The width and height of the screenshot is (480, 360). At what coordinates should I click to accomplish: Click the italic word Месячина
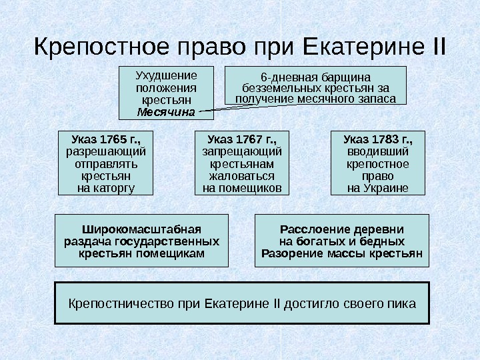pos(166,111)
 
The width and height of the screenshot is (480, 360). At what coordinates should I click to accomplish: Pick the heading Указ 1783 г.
pos(377,140)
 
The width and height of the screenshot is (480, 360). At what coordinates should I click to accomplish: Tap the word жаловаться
pos(241,176)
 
